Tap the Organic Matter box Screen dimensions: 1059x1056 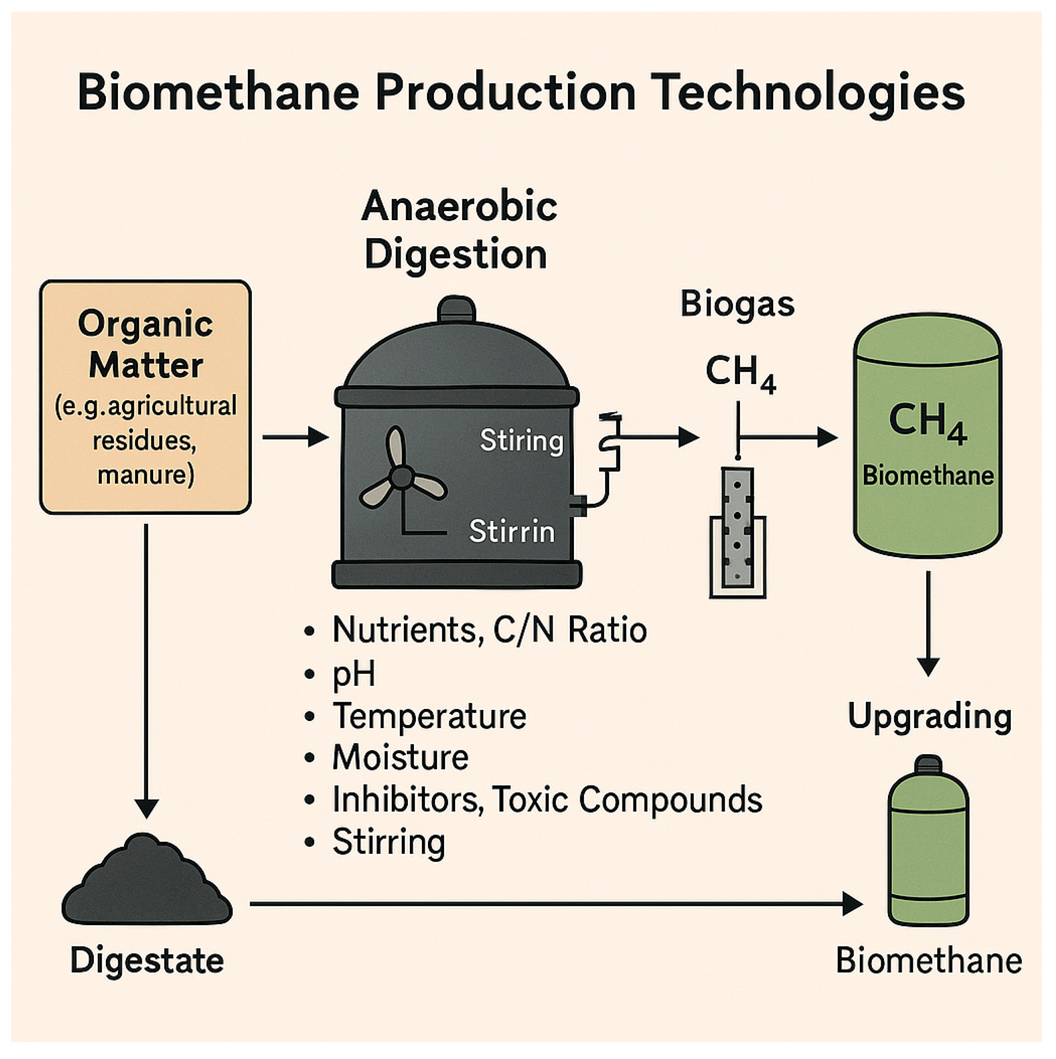click(x=145, y=397)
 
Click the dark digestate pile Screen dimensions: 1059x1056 click(x=147, y=883)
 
